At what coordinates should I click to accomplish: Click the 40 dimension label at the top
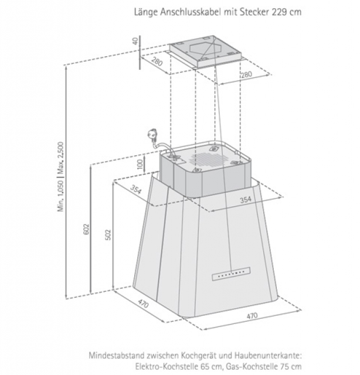tap(135, 41)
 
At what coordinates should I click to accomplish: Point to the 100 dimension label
tap(140, 165)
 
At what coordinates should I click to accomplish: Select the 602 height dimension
tap(87, 229)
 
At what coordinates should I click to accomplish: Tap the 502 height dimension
tap(108, 235)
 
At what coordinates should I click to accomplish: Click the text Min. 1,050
tap(60, 196)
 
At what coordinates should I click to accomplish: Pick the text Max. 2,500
tap(60, 158)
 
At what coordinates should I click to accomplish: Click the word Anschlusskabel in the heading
tap(191, 12)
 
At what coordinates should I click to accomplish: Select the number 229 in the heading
tap(279, 12)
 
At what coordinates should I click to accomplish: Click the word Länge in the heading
tap(146, 12)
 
